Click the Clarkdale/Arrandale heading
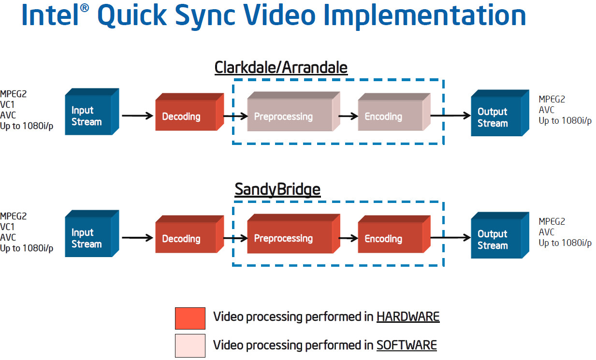click(x=281, y=68)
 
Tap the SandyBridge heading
click(x=277, y=190)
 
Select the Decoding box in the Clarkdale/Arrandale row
click(x=189, y=112)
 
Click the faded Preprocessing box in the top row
click(x=294, y=111)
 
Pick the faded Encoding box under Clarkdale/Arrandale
click(x=394, y=112)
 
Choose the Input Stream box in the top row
click(x=92, y=112)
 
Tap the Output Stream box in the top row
click(x=500, y=113)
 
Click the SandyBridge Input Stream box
click(x=92, y=233)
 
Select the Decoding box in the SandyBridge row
click(x=189, y=234)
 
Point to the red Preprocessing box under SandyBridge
click(x=294, y=233)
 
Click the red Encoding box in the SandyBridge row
click(x=394, y=234)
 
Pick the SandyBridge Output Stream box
click(x=500, y=235)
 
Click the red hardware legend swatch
click(x=190, y=318)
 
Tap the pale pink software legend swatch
click(x=190, y=346)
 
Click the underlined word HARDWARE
click(x=408, y=317)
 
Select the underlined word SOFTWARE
click(x=407, y=346)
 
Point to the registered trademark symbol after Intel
click(x=84, y=8)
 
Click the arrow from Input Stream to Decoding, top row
click(x=138, y=116)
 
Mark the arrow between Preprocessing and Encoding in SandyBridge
click(x=348, y=238)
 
